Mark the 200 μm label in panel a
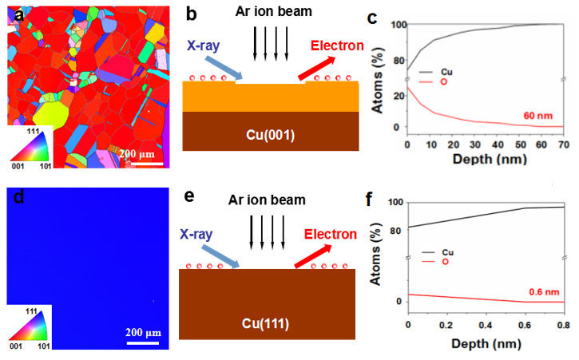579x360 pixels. click(x=144, y=152)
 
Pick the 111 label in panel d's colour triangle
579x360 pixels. click(x=33, y=310)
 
